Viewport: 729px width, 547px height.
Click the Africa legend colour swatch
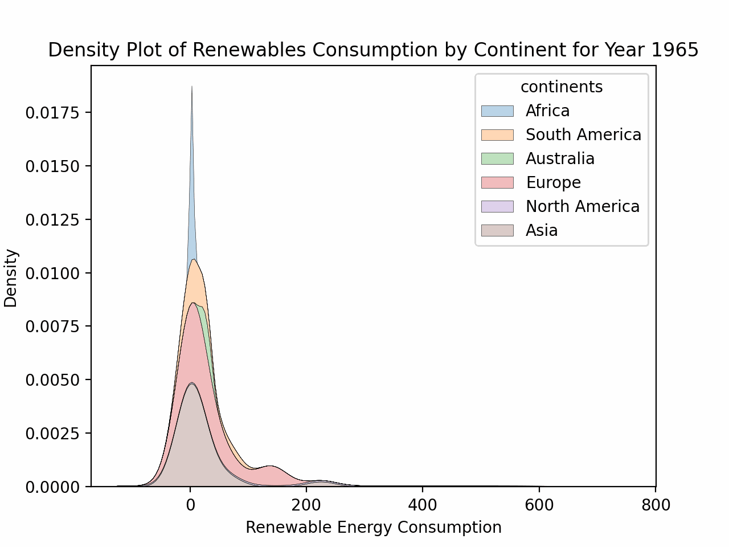497,111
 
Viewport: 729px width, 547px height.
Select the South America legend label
583,134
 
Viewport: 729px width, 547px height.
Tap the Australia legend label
560,158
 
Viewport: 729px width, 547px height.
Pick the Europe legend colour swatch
497,182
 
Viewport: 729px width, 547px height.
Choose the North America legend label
583,206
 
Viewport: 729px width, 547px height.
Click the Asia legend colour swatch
497,230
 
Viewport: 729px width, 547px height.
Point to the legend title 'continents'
562,87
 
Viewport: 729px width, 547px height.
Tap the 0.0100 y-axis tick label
54,273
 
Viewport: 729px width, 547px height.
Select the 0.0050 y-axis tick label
54,380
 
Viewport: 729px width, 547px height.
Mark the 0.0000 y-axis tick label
54,487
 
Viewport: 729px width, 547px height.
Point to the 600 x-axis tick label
539,505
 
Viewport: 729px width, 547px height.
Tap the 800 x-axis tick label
655,505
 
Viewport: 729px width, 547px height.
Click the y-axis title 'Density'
11,278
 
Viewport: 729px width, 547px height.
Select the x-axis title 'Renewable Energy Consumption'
374,528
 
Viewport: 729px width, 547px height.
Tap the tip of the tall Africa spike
192,87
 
